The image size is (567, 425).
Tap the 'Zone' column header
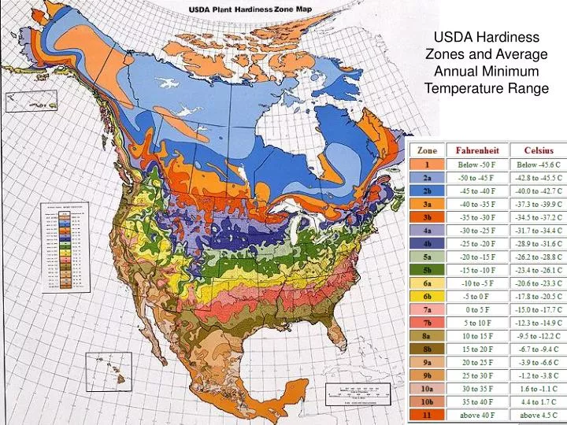[428, 150]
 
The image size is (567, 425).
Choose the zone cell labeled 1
[428, 164]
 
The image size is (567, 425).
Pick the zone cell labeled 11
[428, 414]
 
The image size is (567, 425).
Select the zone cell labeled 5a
[428, 257]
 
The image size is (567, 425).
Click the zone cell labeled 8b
[428, 349]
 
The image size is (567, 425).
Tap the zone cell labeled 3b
[428, 217]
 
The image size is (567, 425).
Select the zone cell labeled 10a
[428, 388]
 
